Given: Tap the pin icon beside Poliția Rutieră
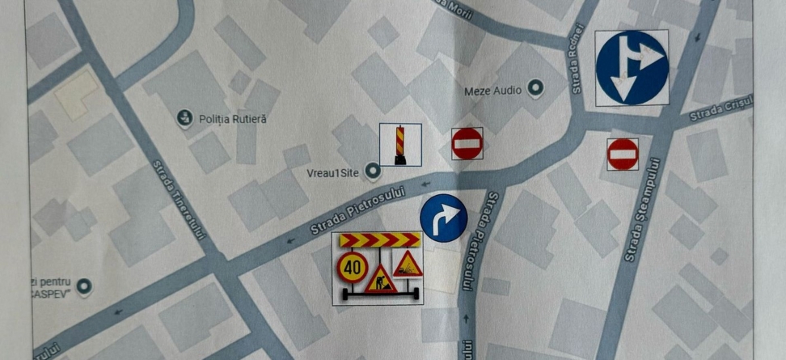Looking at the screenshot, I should click(184, 118).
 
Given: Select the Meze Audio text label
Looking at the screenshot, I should click(492, 91).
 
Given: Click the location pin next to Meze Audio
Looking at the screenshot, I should click(535, 88).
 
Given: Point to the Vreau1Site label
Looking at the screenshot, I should click(333, 172).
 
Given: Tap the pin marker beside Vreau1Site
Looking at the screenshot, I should click(373, 171).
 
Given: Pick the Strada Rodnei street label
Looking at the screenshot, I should click(577, 68).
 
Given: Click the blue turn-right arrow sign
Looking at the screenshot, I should click(444, 217).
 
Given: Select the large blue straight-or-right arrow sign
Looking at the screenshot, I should click(632, 68).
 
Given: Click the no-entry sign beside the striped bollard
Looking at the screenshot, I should click(467, 143).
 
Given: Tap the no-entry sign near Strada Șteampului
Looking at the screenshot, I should click(623, 154).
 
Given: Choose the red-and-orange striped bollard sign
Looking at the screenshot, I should click(399, 145).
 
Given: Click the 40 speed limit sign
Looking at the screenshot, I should click(352, 265).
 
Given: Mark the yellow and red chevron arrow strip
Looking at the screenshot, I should click(380, 240).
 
